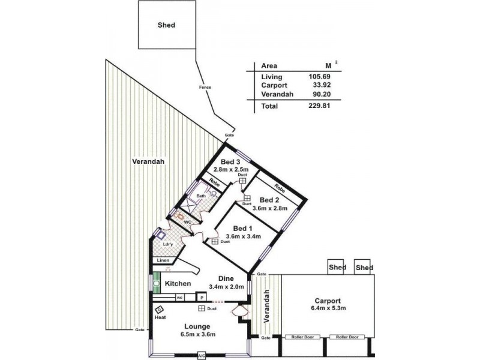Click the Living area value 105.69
coord(319,77)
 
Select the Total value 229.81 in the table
coord(319,106)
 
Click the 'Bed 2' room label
coord(269,200)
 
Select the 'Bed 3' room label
coord(230,163)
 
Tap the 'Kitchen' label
coord(178,283)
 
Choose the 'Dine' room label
coord(226,278)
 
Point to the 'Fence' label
coord(205,88)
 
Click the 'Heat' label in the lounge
coord(160,317)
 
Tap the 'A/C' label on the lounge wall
coord(202,356)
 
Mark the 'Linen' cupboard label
coord(163,261)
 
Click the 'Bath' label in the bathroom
coord(201,196)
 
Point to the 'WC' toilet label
coord(187,222)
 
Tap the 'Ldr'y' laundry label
coord(169,244)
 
